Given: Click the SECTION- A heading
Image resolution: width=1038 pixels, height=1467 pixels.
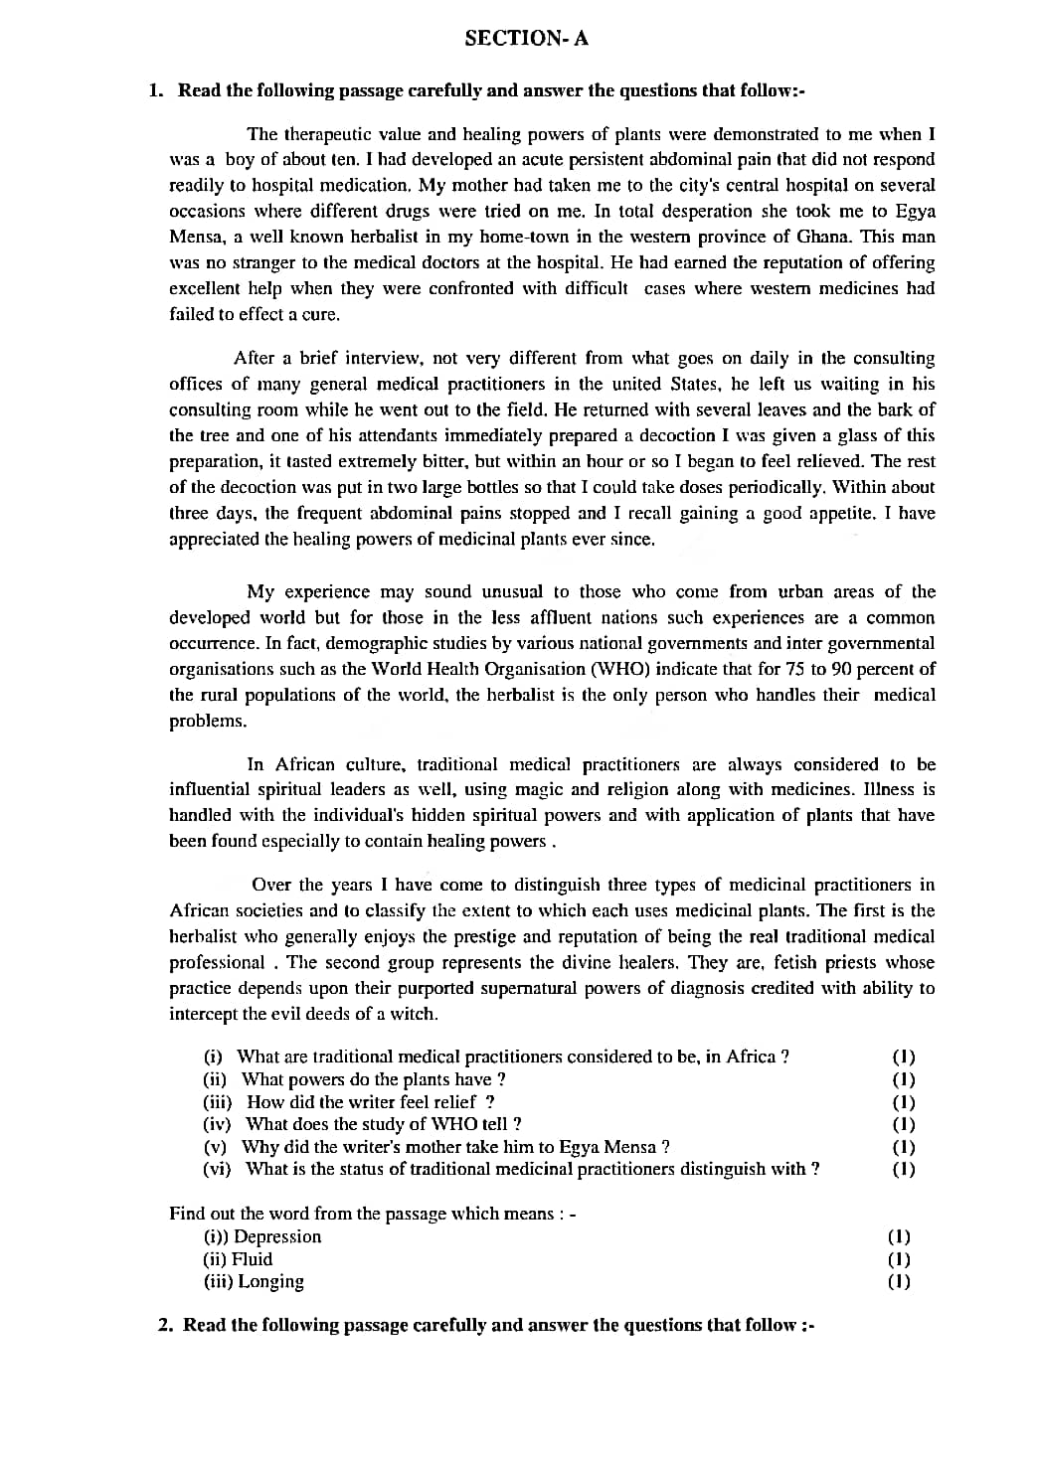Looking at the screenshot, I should [526, 39].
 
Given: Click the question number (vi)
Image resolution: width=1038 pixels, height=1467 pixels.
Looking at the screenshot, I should [217, 1169].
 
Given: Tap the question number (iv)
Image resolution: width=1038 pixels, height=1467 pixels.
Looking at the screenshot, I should [217, 1124].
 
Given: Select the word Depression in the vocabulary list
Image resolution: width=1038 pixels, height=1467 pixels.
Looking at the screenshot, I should [277, 1236].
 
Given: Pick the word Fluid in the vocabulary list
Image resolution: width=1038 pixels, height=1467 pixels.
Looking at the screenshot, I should [253, 1259].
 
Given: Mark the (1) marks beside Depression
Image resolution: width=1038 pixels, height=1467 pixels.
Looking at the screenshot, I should [899, 1236].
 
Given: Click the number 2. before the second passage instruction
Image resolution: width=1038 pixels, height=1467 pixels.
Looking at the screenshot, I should [166, 1325].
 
